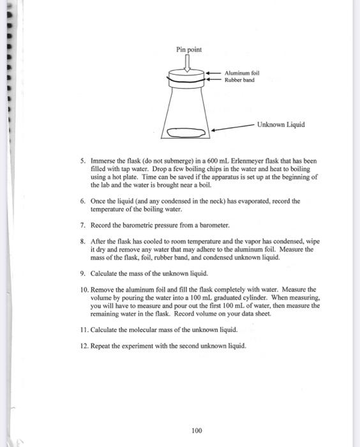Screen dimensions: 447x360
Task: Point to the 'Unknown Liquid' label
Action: pos(281,125)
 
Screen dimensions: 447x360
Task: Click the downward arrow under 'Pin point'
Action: pos(188,63)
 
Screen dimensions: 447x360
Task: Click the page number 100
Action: pos(197,430)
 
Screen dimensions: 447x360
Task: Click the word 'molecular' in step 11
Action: pos(144,330)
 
